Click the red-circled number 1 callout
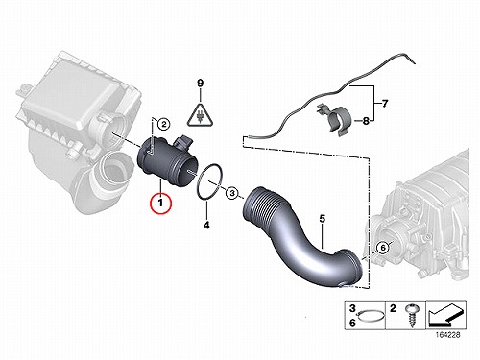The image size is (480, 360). pos(161,203)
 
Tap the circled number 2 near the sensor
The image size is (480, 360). pos(163,124)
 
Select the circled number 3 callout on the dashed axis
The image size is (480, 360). pos(232,193)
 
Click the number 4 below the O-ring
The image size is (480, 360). pos(206,225)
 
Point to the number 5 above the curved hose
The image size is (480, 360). pos(322,219)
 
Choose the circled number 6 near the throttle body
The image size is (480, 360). pos(383,248)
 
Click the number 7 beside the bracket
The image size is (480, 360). pos(385,104)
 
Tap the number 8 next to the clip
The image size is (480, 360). pos(366,121)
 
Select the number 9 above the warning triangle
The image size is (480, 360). pos(200,84)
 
